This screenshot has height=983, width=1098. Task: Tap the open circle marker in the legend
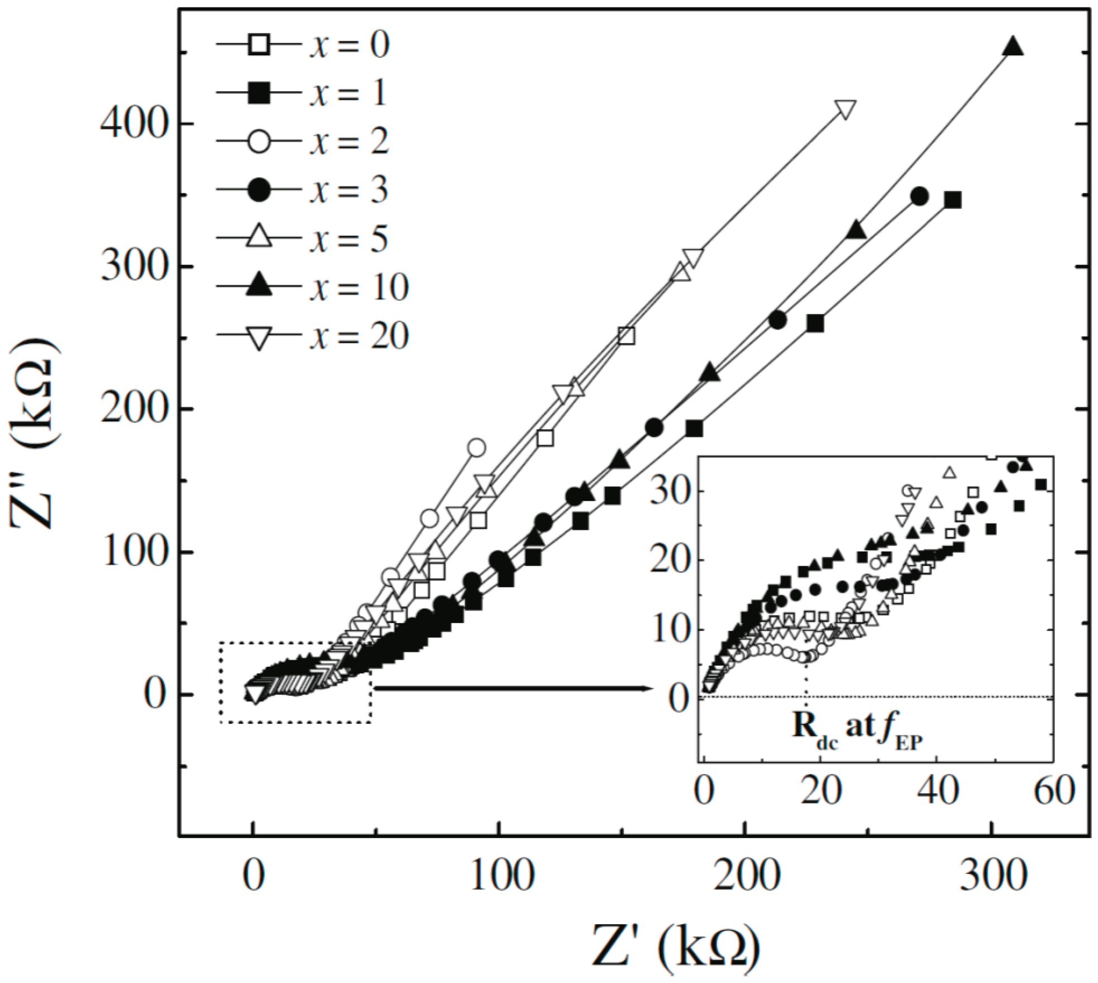click(259, 142)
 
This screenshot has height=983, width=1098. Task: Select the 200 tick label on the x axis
click(746, 876)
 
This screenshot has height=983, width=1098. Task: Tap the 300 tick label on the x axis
click(993, 876)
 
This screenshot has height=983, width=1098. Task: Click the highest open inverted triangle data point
click(845, 110)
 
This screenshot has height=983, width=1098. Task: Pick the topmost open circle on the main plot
click(477, 447)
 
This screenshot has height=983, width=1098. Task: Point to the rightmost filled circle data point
click(920, 196)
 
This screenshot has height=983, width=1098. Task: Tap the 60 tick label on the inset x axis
click(1054, 791)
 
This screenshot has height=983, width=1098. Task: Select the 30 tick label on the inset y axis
click(670, 491)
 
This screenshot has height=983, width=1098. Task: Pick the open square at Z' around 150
click(626, 336)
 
